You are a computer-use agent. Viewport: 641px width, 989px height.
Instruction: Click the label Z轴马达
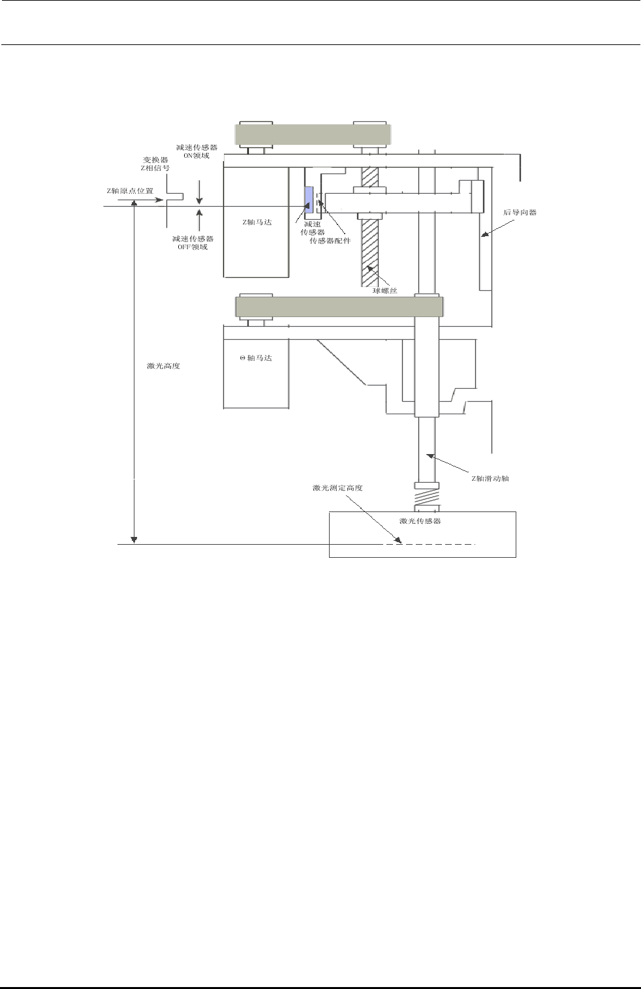pyautogui.click(x=257, y=222)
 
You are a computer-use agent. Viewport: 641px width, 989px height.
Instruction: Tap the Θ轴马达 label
pyautogui.click(x=256, y=358)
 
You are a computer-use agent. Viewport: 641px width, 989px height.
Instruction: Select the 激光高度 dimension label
pyautogui.click(x=163, y=366)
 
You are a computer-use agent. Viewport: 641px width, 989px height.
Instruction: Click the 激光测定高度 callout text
pyautogui.click(x=337, y=488)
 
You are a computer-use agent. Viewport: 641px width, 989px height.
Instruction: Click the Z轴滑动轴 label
pyautogui.click(x=490, y=478)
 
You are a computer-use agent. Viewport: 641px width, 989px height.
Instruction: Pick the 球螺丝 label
pyautogui.click(x=385, y=290)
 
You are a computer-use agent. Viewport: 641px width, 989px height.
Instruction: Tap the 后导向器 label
pyautogui.click(x=520, y=213)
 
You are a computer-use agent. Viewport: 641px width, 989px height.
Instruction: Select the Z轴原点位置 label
pyautogui.click(x=130, y=191)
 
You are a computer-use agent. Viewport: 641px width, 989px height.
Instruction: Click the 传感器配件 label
pyautogui.click(x=330, y=241)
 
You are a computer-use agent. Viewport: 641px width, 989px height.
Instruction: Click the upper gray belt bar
pyautogui.click(x=313, y=134)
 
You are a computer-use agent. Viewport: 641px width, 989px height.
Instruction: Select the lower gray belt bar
pyautogui.click(x=339, y=307)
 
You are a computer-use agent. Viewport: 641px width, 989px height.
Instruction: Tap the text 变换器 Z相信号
pyautogui.click(x=155, y=164)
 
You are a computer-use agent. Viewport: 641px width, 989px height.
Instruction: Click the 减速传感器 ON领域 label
pyautogui.click(x=196, y=151)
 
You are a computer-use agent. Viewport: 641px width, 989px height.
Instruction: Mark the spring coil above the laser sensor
pyautogui.click(x=427, y=500)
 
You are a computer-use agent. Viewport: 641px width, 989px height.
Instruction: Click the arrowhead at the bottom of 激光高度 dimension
pyautogui.click(x=134, y=539)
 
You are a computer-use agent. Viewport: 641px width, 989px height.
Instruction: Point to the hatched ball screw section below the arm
pyautogui.click(x=369, y=251)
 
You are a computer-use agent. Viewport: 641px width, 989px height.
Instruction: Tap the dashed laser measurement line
pyautogui.click(x=431, y=544)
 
